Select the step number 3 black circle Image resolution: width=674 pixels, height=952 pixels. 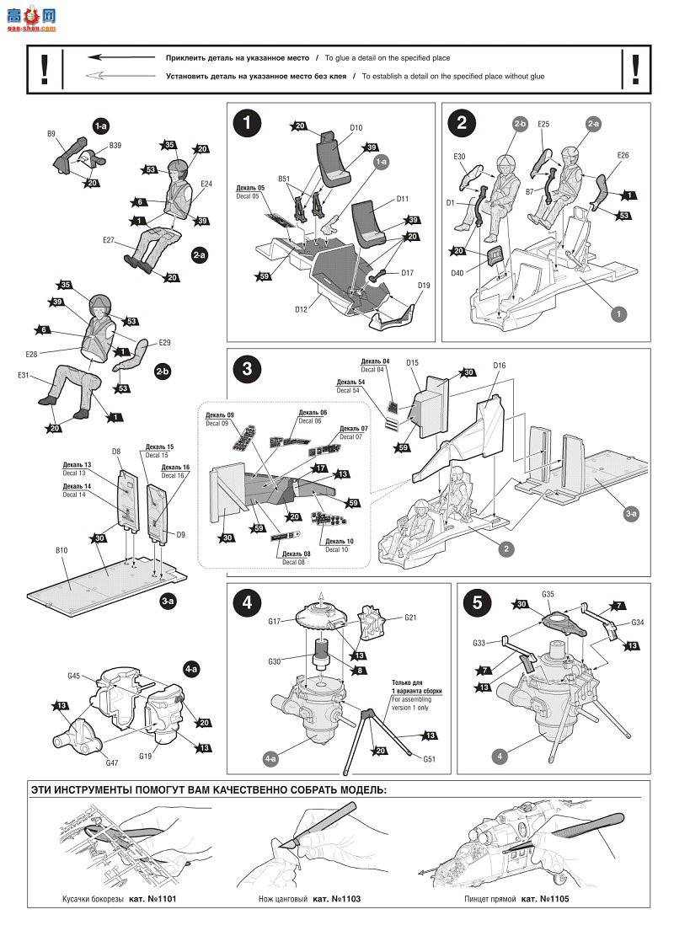point(247,369)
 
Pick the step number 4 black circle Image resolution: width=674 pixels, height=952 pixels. point(247,602)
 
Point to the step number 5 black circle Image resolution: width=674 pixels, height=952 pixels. point(478,602)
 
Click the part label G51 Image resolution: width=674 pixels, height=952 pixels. point(430,757)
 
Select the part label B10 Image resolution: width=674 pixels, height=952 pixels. point(62,550)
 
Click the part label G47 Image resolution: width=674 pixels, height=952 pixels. point(111,762)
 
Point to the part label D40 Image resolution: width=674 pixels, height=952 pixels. point(457,272)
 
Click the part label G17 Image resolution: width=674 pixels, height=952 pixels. point(275,622)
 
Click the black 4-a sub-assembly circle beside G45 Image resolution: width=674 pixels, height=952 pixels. point(191,668)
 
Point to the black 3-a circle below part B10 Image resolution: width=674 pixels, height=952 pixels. point(167,600)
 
